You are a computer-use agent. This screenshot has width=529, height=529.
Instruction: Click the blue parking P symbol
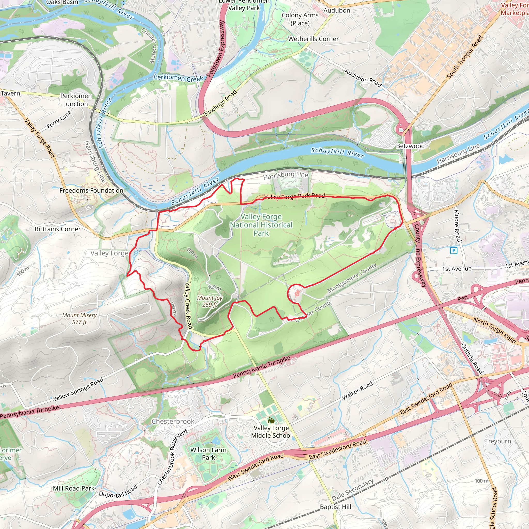coord(454,250)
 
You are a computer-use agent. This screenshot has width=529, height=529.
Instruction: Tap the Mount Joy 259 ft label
coord(210,301)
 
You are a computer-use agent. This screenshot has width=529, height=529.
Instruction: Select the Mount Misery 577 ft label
coord(79,318)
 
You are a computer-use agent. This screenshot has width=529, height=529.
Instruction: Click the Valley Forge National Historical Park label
coord(261,225)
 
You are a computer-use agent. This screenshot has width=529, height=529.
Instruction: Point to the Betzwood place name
coord(410,146)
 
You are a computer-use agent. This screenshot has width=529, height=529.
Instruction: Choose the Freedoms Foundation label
coord(91,190)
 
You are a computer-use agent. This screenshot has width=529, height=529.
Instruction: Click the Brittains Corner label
coord(58,229)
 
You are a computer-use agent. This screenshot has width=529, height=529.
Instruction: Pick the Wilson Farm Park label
coord(208,453)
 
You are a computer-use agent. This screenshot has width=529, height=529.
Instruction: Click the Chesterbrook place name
coord(173,421)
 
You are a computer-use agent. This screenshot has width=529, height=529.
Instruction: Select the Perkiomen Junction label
coord(76,100)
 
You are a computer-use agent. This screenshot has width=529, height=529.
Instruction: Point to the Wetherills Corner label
coord(313,39)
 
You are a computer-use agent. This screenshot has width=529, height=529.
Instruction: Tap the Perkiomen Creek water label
coord(178,78)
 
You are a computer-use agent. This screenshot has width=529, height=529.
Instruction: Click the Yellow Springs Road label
coord(78,389)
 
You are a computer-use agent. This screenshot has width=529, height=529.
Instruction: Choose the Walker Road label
coord(357,391)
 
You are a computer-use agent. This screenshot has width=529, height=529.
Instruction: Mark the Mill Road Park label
coord(74,488)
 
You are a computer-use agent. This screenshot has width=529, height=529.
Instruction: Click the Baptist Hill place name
coord(336,507)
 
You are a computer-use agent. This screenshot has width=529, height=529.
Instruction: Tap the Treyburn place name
coord(498,441)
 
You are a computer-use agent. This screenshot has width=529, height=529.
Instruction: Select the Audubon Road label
coord(363,78)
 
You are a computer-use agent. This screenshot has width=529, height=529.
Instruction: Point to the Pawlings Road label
coord(220,103)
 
